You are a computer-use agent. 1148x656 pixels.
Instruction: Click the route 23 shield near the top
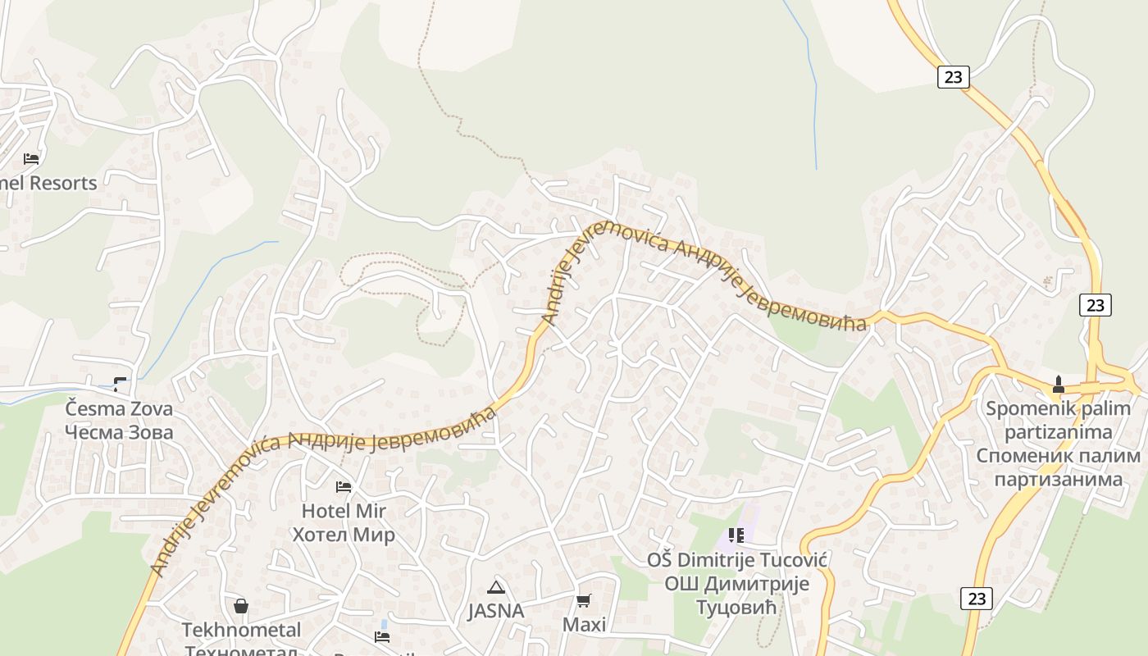[952, 77]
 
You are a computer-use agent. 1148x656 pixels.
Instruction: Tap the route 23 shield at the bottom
[976, 599]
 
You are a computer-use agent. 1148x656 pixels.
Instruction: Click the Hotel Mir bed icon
[344, 487]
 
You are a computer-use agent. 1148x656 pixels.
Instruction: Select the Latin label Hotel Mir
[344, 511]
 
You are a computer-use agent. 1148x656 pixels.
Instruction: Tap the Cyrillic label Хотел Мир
[344, 535]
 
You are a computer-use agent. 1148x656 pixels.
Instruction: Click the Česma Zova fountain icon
[120, 383]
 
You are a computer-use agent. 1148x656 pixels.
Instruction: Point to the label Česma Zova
[119, 408]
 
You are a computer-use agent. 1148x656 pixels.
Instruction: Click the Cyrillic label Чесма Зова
[119, 432]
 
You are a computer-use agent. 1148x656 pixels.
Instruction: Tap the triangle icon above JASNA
[495, 587]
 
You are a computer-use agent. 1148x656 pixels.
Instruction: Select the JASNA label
[495, 611]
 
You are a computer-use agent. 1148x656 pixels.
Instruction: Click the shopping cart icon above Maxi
[584, 601]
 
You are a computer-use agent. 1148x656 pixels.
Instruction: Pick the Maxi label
[584, 625]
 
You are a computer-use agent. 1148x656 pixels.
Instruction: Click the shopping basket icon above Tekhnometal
[241, 606]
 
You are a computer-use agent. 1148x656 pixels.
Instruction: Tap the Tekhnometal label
[241, 630]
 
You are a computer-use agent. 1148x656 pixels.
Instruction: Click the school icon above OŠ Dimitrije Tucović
[736, 535]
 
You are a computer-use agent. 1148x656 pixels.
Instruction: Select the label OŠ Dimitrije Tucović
[736, 560]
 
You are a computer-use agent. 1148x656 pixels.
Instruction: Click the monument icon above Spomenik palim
[1058, 384]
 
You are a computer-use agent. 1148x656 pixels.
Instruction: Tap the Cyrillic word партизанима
[1058, 479]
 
